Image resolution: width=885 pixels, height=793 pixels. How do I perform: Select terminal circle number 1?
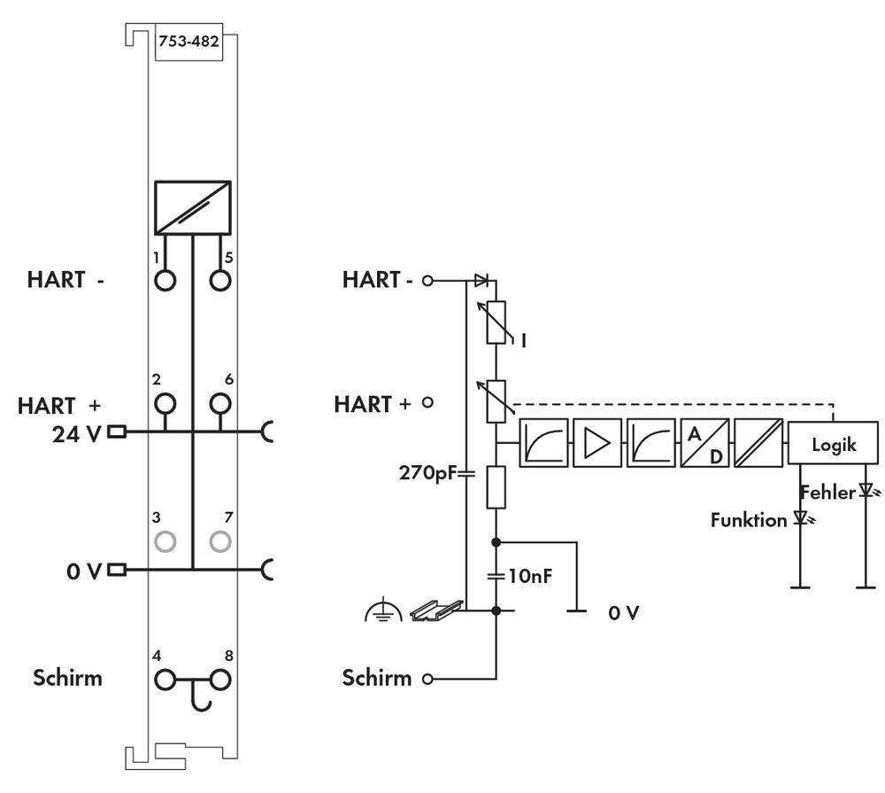165,280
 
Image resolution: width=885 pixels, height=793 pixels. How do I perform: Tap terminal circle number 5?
220,280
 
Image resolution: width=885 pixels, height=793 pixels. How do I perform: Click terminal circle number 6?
220,405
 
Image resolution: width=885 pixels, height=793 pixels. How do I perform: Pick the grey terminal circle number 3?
165,540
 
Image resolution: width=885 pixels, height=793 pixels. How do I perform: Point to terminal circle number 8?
220,680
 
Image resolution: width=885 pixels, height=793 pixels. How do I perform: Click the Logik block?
834,444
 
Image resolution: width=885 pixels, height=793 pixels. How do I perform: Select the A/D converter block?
704,443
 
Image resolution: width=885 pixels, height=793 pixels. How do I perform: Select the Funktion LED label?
748,520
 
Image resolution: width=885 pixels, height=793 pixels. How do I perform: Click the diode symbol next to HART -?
481,280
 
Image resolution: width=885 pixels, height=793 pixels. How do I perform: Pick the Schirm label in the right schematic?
377,679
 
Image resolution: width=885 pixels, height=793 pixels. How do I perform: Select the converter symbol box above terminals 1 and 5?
193,207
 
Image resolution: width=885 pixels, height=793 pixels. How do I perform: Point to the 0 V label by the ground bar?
623,612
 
